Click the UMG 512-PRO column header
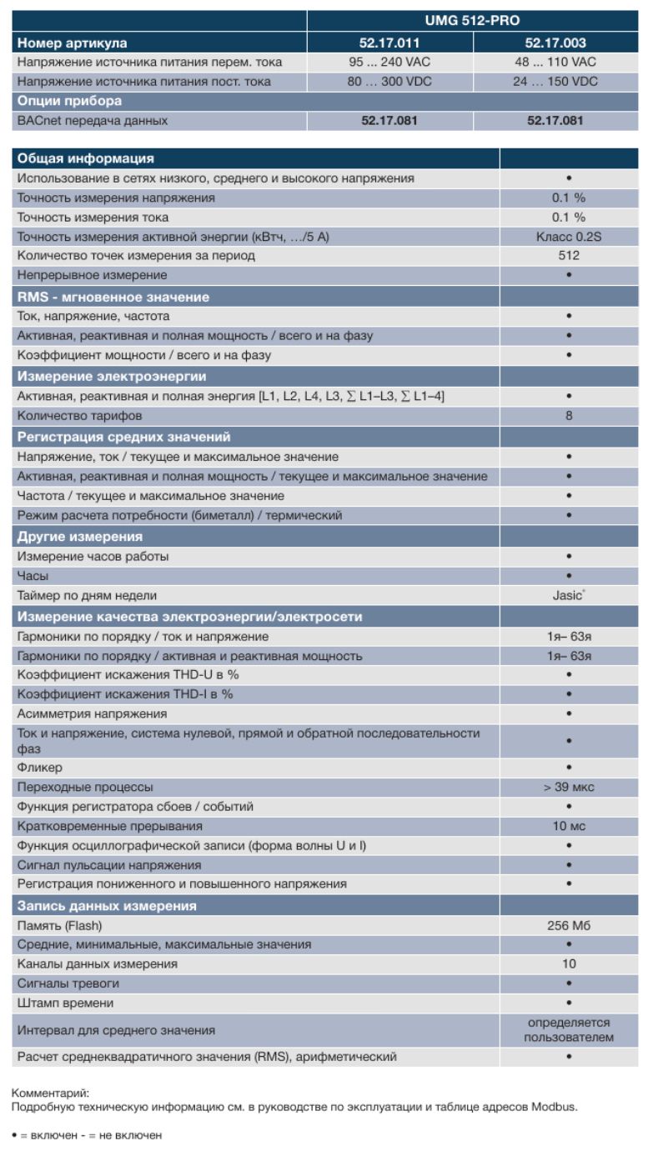click(x=472, y=21)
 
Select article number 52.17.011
click(x=389, y=43)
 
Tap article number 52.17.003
click(x=555, y=43)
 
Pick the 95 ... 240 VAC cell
click(x=389, y=62)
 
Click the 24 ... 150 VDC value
click(x=555, y=82)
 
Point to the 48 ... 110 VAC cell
click(x=555, y=62)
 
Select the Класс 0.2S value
click(x=569, y=237)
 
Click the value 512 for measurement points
click(x=569, y=256)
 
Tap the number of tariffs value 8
click(x=569, y=415)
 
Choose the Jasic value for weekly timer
click(x=568, y=596)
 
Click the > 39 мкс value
click(x=569, y=787)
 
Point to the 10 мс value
click(x=569, y=826)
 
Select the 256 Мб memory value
click(x=569, y=925)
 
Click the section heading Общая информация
click(x=86, y=158)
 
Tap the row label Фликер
click(x=40, y=767)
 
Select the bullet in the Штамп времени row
click(x=569, y=1003)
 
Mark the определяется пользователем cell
click(x=569, y=1030)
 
